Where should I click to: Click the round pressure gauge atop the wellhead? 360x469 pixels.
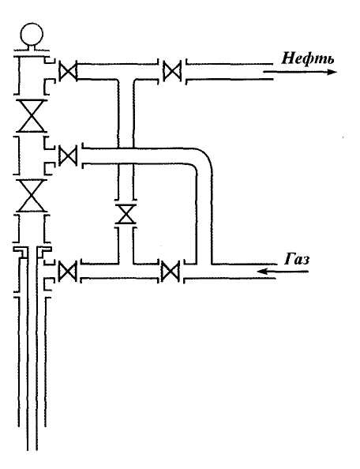32,34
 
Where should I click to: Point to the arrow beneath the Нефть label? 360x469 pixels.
300,72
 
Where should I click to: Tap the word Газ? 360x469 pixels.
297,259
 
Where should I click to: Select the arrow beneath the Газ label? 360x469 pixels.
283,272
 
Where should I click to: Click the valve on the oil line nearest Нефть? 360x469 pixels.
172,71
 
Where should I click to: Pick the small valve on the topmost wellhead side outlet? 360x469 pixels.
68,72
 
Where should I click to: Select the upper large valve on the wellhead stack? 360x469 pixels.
32,116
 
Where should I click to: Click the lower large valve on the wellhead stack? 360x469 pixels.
32,196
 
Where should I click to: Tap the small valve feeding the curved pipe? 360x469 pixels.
68,156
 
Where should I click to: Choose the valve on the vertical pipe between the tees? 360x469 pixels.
126,214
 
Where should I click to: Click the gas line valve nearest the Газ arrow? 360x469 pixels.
171,272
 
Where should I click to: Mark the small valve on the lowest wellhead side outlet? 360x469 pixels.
68,272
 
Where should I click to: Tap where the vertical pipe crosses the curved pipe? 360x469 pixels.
126,156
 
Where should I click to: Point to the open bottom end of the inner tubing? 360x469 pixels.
32,449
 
